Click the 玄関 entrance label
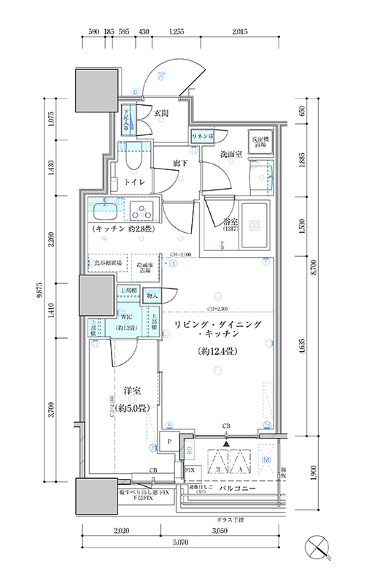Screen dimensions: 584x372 click(x=161, y=113)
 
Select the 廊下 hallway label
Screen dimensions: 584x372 click(x=182, y=164)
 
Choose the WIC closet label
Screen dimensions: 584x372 click(x=126, y=318)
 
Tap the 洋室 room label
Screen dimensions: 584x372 click(x=131, y=391)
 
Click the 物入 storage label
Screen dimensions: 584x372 click(x=152, y=296)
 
